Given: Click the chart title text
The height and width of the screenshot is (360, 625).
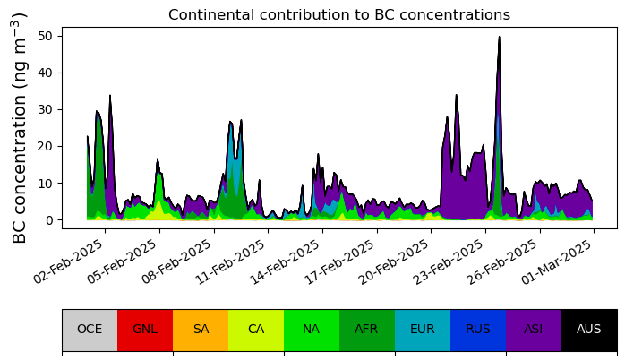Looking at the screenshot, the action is tap(339, 14).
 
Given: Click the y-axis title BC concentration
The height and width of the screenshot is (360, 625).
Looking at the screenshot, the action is tap(19, 128).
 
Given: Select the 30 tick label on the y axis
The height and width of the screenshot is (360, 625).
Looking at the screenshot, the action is tap(45, 109).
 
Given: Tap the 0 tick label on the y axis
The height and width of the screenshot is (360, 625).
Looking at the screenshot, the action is tap(48, 220).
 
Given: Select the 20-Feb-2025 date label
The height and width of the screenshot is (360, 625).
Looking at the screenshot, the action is tap(396, 261).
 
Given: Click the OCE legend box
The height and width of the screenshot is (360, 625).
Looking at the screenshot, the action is tap(90, 330).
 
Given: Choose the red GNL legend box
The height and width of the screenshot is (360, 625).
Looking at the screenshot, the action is tap(145, 330).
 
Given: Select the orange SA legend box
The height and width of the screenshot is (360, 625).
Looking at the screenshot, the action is tap(201, 330).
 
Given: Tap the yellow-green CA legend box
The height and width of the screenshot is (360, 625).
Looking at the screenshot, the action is tap(256, 330).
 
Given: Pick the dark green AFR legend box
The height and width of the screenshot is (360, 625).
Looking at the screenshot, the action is tap(367, 330).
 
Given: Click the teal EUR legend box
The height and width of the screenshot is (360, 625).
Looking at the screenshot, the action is tap(423, 330).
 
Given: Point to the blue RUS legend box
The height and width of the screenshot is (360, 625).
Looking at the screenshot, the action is tap(478, 330).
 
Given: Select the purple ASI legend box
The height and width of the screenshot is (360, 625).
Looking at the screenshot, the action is tap(534, 330).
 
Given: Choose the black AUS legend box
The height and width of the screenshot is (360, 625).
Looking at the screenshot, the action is tap(589, 330).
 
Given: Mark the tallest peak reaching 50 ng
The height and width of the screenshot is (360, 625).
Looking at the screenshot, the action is tap(499, 37).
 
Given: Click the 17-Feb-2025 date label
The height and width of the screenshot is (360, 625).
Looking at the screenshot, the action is tap(341, 261).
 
